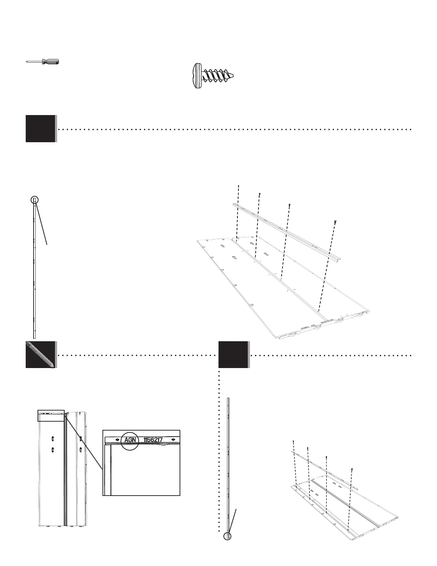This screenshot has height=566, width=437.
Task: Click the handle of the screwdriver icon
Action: (50, 61)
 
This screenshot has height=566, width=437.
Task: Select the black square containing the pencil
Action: (40, 354)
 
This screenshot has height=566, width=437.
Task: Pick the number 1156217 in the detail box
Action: (153, 440)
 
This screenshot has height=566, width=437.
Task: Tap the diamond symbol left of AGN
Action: (117, 440)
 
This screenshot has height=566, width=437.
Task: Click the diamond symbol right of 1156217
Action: (173, 440)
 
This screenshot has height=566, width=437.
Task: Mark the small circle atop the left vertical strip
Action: (34, 199)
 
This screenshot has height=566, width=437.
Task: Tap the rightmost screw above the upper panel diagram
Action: (335, 222)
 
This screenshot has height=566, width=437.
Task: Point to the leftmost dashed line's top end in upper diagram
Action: (238, 186)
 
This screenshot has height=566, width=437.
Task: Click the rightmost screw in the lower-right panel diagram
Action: (352, 469)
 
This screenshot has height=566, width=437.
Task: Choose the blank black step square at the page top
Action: (40, 129)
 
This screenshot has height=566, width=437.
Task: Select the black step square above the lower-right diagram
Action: (233, 354)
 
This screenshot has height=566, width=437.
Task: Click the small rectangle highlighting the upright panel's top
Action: (51, 416)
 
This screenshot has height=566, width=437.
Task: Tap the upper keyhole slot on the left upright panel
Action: (52, 438)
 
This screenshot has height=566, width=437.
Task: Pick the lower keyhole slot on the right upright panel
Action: (81, 450)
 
